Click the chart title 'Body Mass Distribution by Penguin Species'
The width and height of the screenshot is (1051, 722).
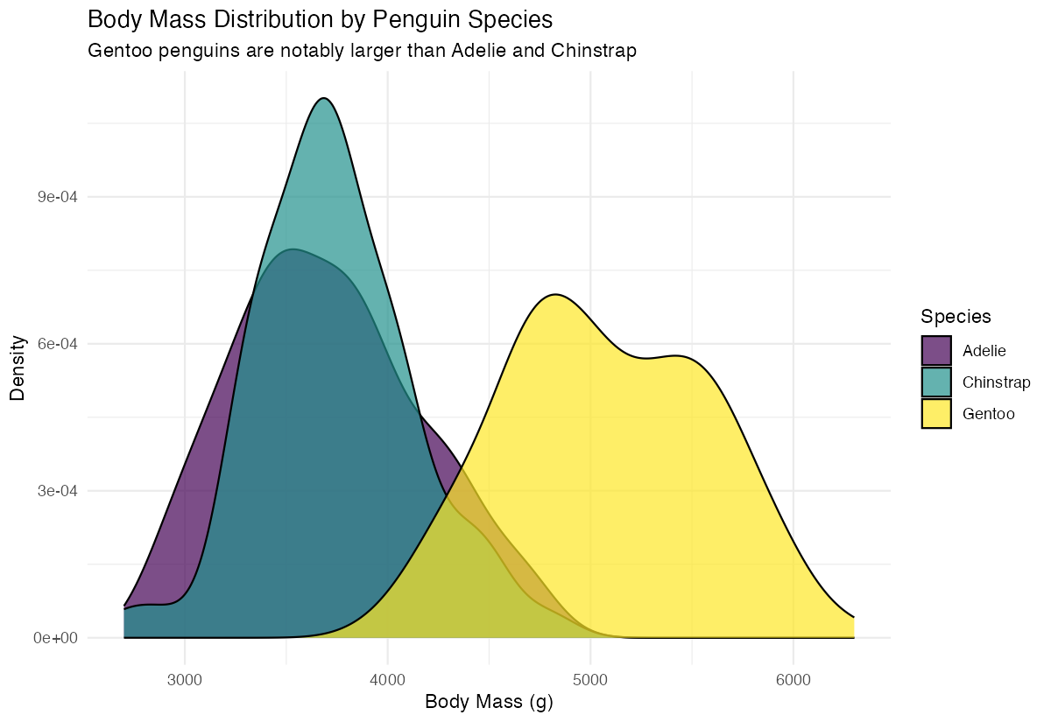(x=321, y=18)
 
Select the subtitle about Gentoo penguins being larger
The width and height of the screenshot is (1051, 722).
(x=362, y=51)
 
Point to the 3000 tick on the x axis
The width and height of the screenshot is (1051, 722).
(x=185, y=679)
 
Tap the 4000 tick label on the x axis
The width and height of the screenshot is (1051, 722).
(x=387, y=679)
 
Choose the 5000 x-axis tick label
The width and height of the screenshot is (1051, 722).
(x=590, y=679)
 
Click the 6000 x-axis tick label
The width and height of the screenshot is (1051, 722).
(x=793, y=679)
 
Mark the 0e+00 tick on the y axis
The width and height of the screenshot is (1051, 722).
(x=56, y=638)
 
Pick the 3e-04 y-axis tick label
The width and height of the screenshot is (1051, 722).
(x=56, y=491)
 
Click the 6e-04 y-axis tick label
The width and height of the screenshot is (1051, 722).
(x=56, y=344)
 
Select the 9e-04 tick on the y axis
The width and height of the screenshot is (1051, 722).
(x=56, y=197)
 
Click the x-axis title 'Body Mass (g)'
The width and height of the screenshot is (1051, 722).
(x=489, y=702)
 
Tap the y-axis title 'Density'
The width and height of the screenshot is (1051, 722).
(x=17, y=368)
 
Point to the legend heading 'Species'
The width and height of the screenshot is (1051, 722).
(x=956, y=316)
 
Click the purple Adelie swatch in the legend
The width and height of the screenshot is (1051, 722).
(x=936, y=351)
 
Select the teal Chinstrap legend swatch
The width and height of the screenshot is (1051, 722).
(x=936, y=382)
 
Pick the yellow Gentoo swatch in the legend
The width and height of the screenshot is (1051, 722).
(x=936, y=414)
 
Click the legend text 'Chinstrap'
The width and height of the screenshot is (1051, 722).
(x=996, y=382)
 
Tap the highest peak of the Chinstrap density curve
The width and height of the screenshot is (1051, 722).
(x=324, y=98)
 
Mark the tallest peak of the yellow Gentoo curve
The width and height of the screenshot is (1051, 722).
(x=555, y=294)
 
